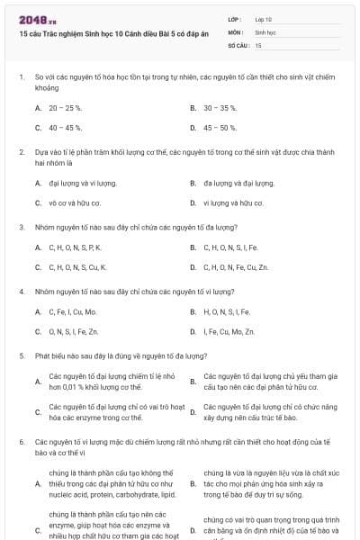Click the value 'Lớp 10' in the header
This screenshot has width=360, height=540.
[x=264, y=19]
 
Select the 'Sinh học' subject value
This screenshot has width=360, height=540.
[x=265, y=31]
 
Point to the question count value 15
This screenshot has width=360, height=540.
[x=258, y=44]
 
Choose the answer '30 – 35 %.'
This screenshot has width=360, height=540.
[x=220, y=107]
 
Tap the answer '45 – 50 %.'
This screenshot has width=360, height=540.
[x=220, y=128]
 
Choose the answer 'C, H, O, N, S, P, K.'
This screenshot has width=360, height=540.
[x=76, y=247]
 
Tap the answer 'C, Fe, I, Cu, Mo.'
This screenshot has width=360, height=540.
[x=73, y=311]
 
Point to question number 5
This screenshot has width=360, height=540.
[x=21, y=355]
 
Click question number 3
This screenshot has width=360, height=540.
[x=21, y=227]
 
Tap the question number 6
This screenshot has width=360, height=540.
[x=21, y=442]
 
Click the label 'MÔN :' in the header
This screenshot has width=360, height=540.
[x=235, y=31]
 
